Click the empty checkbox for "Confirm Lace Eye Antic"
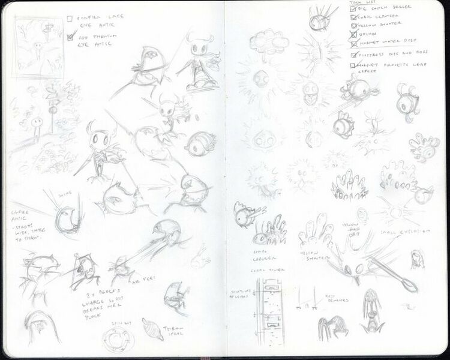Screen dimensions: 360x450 70,19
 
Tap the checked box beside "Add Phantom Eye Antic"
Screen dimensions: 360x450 70,36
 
